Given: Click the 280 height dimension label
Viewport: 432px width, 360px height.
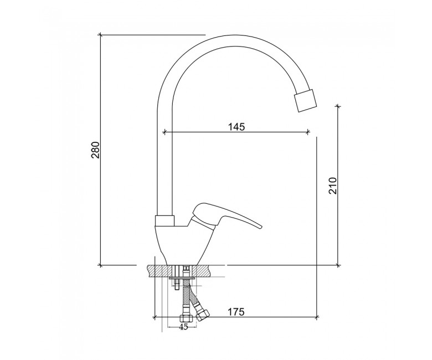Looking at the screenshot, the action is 96,150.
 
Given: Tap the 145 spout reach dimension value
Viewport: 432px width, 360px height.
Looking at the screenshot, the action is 236,127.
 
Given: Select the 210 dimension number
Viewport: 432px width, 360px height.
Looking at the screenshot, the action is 333,186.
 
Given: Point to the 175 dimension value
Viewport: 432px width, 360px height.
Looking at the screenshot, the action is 236,312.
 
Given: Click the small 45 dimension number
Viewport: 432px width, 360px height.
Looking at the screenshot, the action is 183,327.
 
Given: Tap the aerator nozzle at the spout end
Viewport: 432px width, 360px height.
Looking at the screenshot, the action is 305,101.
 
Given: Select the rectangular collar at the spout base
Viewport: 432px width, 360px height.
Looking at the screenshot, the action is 164,220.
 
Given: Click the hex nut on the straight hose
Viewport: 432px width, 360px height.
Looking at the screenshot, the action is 184,318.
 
